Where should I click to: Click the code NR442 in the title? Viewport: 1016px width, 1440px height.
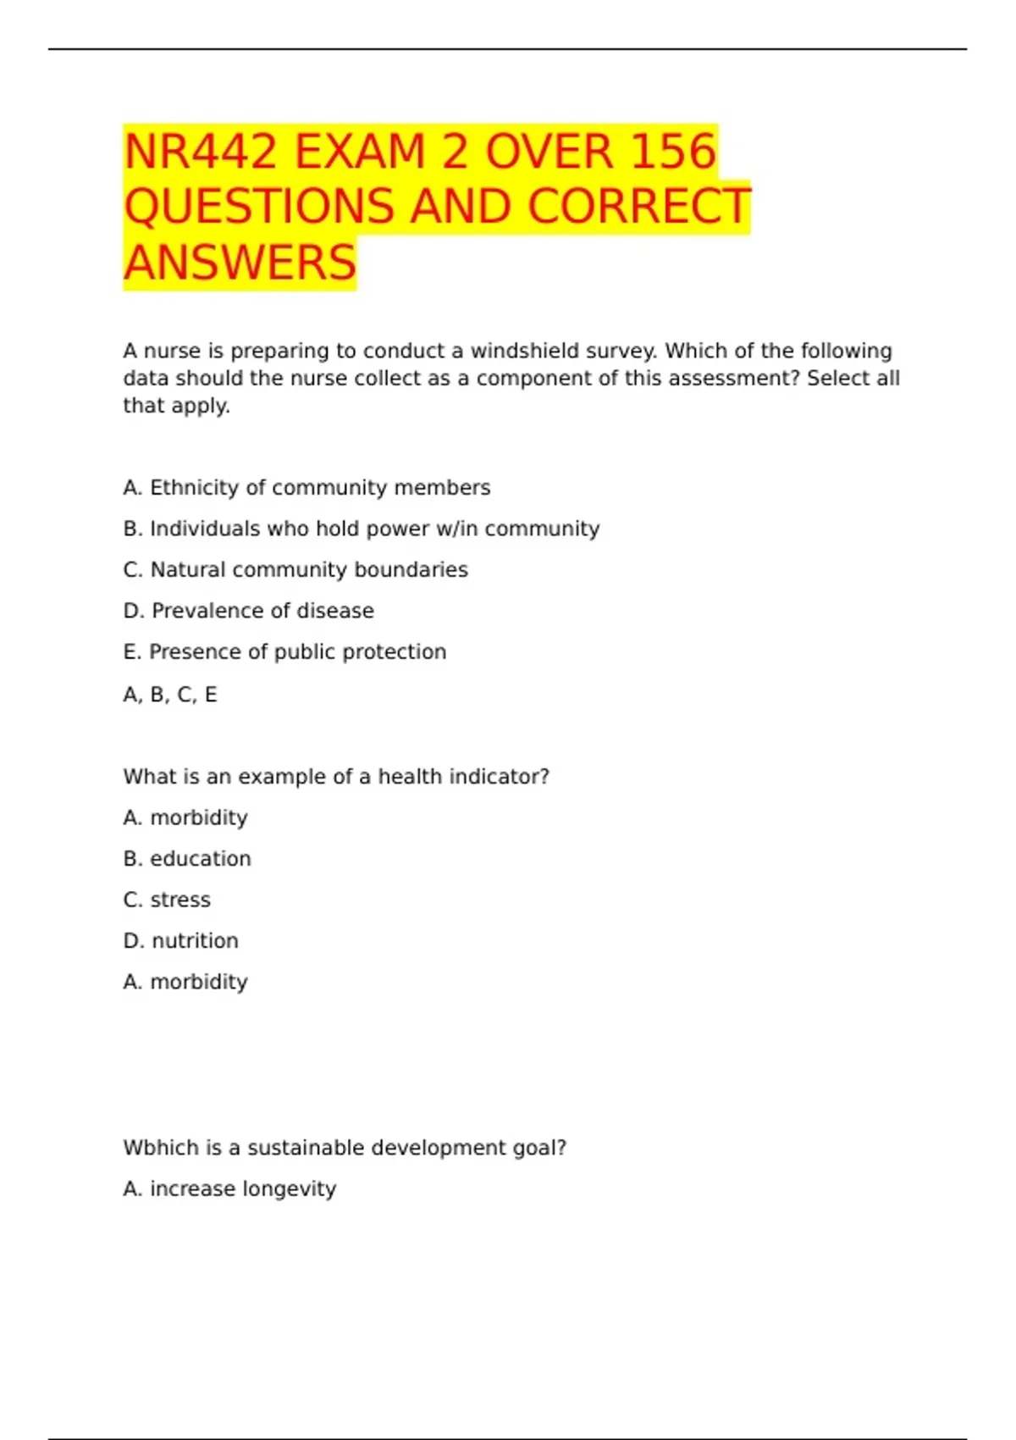[200, 152]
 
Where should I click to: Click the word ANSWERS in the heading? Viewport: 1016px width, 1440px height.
[240, 263]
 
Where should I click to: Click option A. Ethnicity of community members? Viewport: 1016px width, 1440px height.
[306, 488]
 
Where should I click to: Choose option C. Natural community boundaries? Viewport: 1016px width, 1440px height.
[295, 570]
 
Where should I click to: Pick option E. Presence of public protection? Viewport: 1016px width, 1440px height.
[284, 652]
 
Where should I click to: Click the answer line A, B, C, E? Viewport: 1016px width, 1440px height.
[170, 695]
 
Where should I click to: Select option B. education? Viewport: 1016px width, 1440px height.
[187, 859]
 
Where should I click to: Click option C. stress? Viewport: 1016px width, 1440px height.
[167, 900]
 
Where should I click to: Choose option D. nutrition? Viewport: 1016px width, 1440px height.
[180, 941]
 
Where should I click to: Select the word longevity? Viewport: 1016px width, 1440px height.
[289, 1189]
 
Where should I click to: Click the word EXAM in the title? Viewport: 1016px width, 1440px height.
[360, 152]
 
